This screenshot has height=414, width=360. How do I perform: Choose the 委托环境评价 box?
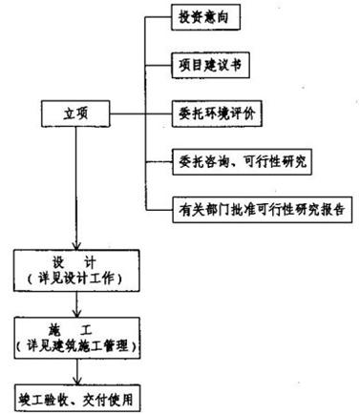coord(222,112)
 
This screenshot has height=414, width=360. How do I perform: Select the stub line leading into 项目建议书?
coord(158,69)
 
